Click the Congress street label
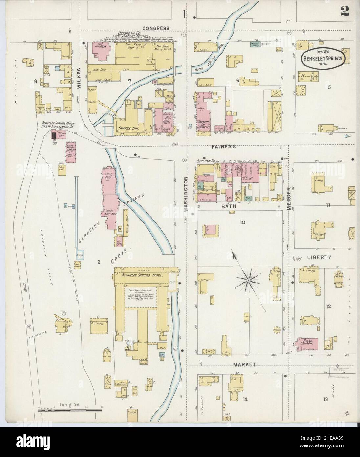[x=156, y=28]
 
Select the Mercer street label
[x=289, y=198]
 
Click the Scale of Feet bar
[x=71, y=410]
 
